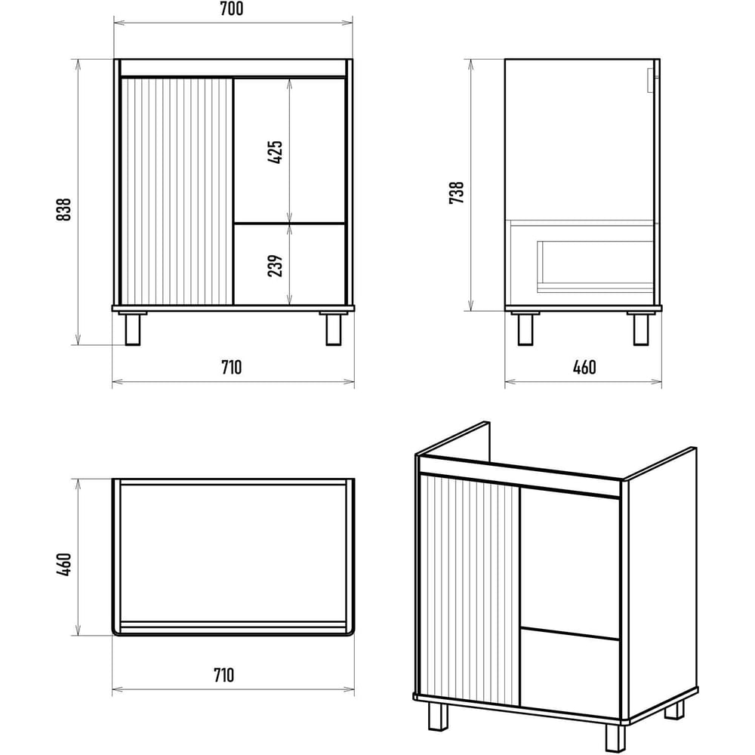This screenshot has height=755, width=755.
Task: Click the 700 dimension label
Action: (232, 8)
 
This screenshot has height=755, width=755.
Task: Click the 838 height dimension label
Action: (63, 209)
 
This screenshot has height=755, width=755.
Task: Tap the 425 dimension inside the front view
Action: (275, 153)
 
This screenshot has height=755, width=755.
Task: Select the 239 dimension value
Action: (275, 266)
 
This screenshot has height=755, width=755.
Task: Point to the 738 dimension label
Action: (457, 193)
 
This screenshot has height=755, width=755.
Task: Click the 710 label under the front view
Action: (232, 368)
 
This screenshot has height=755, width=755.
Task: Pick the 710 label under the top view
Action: (224, 675)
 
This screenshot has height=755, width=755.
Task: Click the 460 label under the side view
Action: (584, 368)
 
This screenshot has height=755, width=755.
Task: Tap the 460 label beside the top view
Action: (63, 564)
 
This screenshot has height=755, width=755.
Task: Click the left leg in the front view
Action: (133, 330)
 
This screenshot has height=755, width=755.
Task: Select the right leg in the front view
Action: (333, 330)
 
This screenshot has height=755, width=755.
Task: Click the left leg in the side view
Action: (525, 330)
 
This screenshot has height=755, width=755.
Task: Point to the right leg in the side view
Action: (641, 330)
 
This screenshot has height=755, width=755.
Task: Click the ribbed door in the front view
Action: (177, 191)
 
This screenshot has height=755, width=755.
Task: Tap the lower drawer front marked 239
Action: (289, 264)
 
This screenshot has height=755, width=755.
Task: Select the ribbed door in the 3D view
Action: (470, 589)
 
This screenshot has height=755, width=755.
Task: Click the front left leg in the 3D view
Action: (438, 716)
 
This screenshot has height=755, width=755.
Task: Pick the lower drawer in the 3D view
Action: (570, 672)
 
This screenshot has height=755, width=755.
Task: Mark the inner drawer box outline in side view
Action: (595, 267)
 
